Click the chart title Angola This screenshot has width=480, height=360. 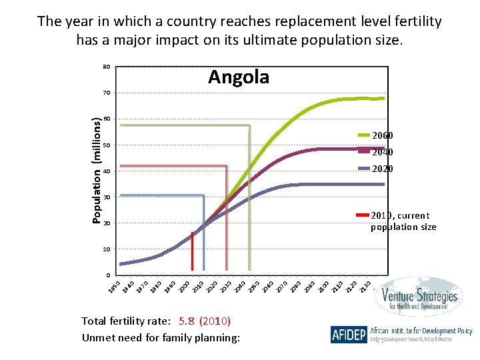(x=239, y=77)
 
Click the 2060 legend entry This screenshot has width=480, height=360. (x=382, y=135)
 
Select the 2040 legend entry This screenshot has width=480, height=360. (x=382, y=152)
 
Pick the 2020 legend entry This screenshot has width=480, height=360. (x=382, y=169)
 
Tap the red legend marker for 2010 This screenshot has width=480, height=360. (x=363, y=215)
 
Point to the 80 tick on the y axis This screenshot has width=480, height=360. (x=106, y=67)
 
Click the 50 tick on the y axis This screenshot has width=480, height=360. (x=106, y=145)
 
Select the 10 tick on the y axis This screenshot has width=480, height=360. (x=106, y=249)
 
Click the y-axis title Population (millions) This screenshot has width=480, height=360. (x=97, y=171)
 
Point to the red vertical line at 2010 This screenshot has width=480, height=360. (x=192, y=253)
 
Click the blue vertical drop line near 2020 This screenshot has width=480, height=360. (x=204, y=240)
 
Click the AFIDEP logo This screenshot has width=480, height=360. (x=348, y=334)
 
